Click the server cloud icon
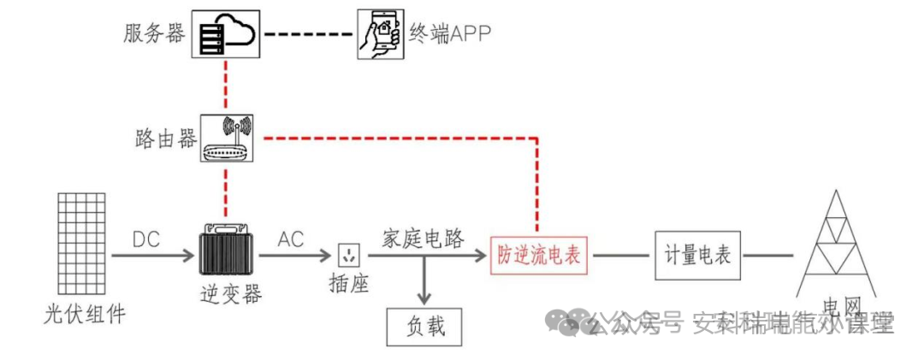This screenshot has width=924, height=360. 224,34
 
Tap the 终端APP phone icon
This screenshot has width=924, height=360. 380,34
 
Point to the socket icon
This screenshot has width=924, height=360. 349,255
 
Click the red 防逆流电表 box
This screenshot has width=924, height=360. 539,254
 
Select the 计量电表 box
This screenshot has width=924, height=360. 697,254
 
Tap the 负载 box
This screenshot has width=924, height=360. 425,326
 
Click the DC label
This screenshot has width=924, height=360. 146,240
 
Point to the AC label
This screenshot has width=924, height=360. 290,240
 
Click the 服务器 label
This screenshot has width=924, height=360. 154,34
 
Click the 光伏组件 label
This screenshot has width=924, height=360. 84,314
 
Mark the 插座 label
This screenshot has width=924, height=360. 349,285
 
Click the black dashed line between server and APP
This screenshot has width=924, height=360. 305,34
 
